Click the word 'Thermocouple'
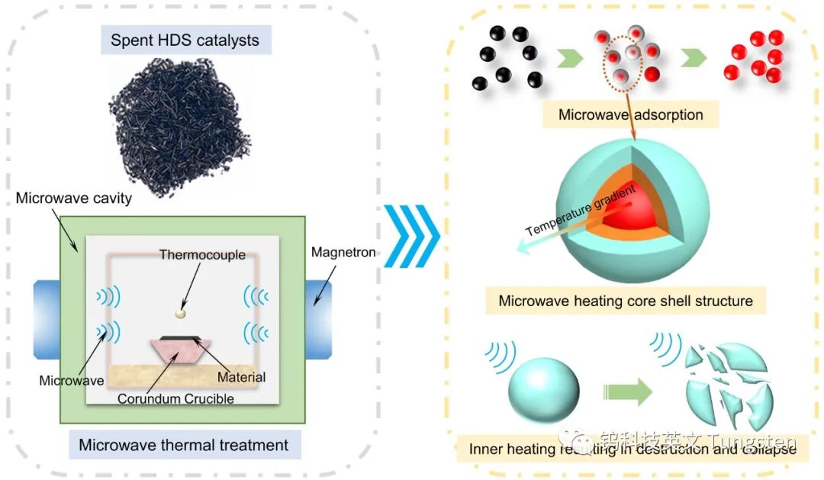tap(202, 255)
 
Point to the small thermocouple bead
tap(181, 313)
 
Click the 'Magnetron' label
tap(343, 253)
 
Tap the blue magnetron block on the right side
tap(318, 319)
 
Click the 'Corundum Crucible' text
tap(175, 398)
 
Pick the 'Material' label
tap(241, 377)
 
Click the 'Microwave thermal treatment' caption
tap(184, 445)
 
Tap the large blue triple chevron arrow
tap(412, 235)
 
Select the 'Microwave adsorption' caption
tap(630, 115)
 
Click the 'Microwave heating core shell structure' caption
tap(625, 301)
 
